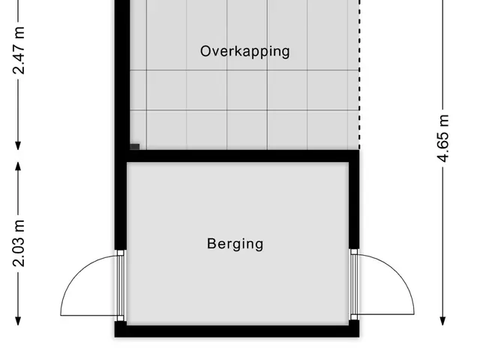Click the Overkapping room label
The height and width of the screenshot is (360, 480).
[245, 52]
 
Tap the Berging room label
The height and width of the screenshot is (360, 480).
[235, 244]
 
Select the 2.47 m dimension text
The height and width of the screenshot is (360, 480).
[19, 50]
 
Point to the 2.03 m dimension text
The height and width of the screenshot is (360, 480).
[19, 243]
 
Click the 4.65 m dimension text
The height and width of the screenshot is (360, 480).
[443, 138]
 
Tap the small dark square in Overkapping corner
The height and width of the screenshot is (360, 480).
[135, 147]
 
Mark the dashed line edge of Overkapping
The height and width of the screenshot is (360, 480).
[359, 75]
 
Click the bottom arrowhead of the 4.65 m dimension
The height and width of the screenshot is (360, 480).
[442, 321]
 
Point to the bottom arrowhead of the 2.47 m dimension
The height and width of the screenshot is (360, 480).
[18, 145]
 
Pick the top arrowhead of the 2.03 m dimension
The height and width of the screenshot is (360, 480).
[18, 166]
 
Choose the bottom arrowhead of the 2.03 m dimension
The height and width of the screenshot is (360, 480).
[18, 321]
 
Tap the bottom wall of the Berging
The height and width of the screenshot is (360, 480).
[237, 331]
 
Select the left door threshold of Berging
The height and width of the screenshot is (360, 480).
[121, 286]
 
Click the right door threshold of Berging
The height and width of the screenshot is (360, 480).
[354, 284]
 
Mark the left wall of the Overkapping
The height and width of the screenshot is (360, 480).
[122, 75]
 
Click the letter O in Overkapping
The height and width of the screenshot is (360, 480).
[205, 51]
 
